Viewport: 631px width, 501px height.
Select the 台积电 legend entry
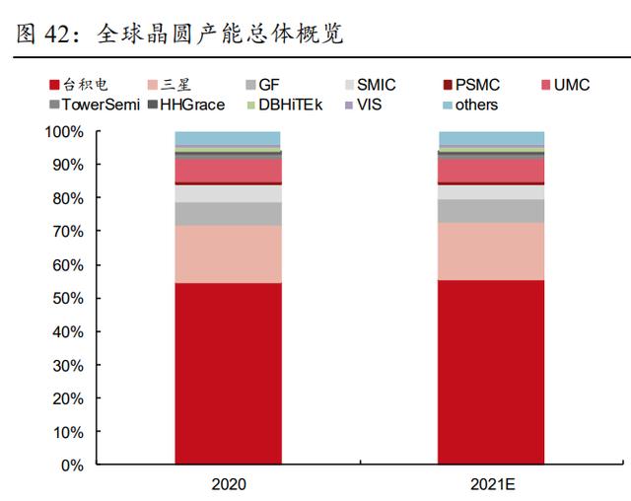click(x=79, y=85)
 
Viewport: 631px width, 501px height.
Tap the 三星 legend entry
click(x=169, y=85)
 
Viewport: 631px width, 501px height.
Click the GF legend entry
click(x=262, y=85)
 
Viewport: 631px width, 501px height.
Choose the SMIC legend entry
click(x=371, y=85)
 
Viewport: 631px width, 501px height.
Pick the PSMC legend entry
click(x=471, y=85)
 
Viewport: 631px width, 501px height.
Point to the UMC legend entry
click(x=565, y=85)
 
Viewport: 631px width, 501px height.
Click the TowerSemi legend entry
click(x=95, y=105)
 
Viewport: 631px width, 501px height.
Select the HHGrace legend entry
click(x=186, y=105)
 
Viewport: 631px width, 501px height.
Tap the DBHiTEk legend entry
click(x=285, y=105)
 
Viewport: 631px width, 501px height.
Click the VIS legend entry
click(x=364, y=105)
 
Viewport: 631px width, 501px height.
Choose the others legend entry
click(x=470, y=105)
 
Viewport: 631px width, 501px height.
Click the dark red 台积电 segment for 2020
click(x=228, y=374)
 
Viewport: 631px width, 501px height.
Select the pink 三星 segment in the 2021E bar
click(x=491, y=251)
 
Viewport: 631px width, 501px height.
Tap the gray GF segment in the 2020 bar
click(x=228, y=214)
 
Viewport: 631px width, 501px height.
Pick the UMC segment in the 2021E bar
click(x=491, y=171)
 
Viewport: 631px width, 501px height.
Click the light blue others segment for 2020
click(x=228, y=138)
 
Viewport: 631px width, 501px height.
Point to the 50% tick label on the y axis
click(x=68, y=299)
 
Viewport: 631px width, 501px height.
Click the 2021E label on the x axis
click(x=493, y=484)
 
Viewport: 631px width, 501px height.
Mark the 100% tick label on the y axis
click(x=64, y=132)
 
